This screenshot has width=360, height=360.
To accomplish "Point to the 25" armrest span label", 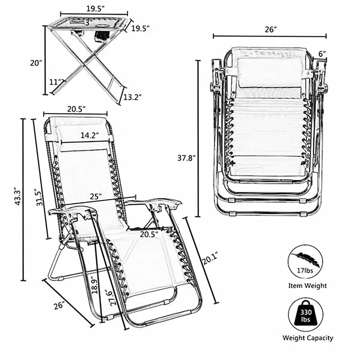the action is (x=96, y=197).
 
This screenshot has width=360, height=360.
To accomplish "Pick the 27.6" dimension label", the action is (x=114, y=297).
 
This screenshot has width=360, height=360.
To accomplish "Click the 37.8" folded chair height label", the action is (x=186, y=158).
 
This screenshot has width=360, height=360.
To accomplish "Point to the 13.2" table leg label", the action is (x=132, y=97).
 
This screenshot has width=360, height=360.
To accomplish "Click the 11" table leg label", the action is (x=55, y=82).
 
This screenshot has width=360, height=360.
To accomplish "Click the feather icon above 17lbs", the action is (x=305, y=259).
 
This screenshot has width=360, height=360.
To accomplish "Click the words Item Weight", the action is (x=307, y=286).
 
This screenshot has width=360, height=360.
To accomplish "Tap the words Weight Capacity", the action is (x=308, y=338).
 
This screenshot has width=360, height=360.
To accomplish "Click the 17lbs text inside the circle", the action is (x=305, y=271).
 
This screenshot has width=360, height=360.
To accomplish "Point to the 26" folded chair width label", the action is (x=271, y=30).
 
